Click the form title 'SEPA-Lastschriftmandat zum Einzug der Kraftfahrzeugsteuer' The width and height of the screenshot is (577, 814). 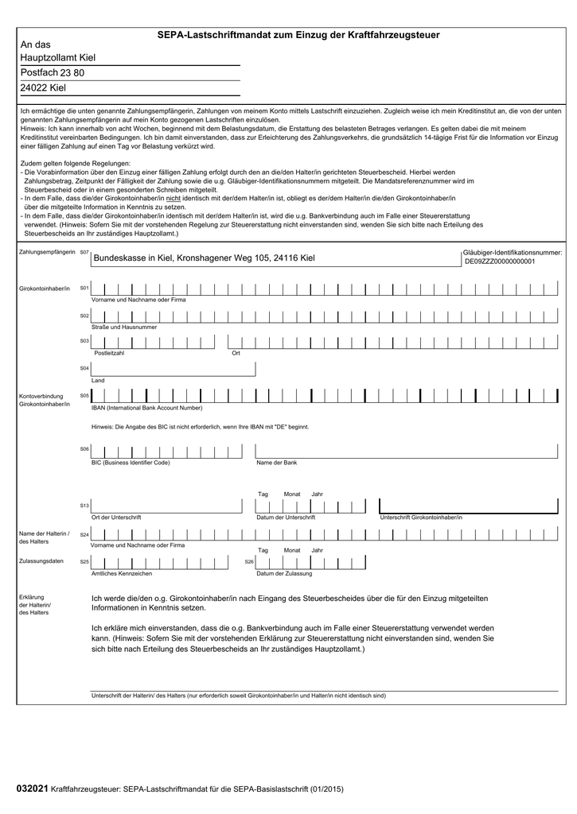click(298, 35)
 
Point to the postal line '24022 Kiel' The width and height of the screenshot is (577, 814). click(43, 87)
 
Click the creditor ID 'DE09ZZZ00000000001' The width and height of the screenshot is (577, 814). click(500, 261)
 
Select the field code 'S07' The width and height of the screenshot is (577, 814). click(84, 252)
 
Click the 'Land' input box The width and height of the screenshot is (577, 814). click(173, 369)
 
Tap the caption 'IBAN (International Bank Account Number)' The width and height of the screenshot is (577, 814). click(146, 408)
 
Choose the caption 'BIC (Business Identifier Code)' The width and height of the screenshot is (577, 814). click(131, 462)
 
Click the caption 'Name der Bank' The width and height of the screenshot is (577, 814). click(276, 462)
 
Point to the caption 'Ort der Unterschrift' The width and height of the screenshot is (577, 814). click(116, 517)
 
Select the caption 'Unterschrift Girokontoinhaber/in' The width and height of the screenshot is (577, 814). click(420, 517)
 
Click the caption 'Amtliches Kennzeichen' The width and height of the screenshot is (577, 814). click(122, 573)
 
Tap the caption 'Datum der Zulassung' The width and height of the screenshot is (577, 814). click(284, 573)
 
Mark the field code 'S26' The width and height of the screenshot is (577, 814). click(248, 562)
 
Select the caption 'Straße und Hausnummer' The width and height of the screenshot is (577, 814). click(124, 327)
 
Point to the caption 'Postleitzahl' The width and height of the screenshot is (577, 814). click(109, 353)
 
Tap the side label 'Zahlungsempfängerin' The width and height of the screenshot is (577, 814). click(47, 252)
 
